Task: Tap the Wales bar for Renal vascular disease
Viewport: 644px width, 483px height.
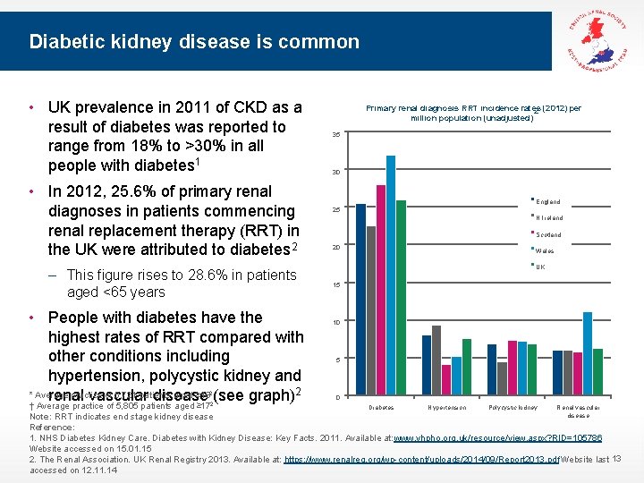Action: (x=588, y=354)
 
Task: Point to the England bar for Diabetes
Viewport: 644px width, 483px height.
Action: (x=360, y=300)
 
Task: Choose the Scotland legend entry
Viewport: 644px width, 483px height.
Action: (x=548, y=234)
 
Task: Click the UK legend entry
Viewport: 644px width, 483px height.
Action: (x=540, y=267)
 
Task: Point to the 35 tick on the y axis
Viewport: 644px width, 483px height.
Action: (x=335, y=134)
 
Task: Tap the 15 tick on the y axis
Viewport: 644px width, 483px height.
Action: (x=335, y=284)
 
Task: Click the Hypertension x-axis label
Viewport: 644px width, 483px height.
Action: (x=446, y=408)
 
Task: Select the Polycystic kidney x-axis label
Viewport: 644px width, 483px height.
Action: (x=513, y=408)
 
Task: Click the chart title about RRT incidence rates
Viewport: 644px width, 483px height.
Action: (x=473, y=113)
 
